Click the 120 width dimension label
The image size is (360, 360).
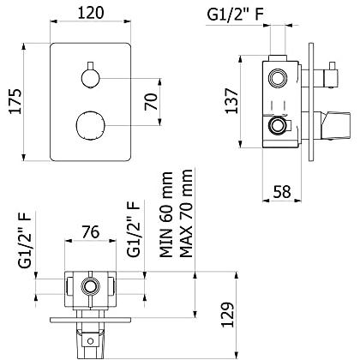click(91, 13)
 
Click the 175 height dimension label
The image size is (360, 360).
click(15, 102)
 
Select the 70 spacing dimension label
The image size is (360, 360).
click(151, 102)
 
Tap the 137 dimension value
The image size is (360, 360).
click(231, 101)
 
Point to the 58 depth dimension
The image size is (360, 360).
click(282, 192)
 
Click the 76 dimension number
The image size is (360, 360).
click(91, 231)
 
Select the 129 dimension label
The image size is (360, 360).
click(228, 315)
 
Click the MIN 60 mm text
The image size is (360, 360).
click(166, 214)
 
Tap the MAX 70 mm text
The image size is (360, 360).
click(186, 213)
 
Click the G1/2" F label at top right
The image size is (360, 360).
click(235, 15)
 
